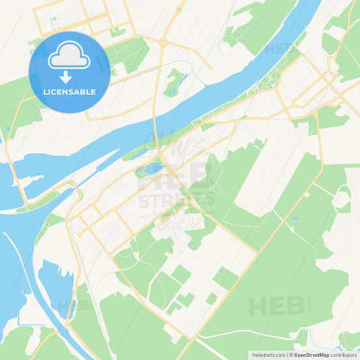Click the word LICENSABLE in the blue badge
click(x=69, y=92)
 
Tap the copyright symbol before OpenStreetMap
click(x=290, y=355)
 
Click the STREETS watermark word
click(x=177, y=200)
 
